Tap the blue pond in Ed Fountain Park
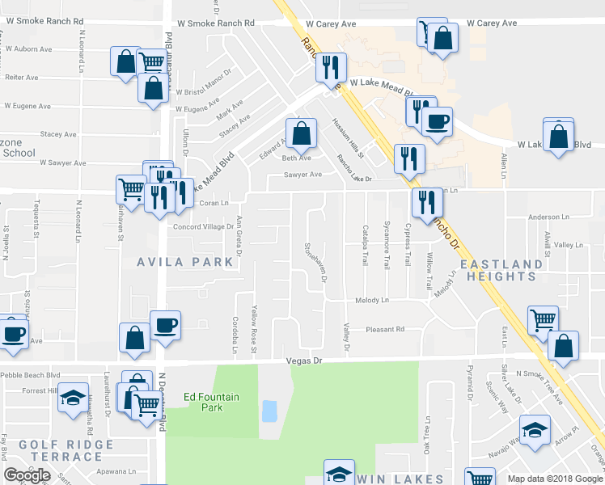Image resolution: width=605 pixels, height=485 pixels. [269, 411]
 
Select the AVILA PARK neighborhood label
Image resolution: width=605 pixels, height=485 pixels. [184, 262]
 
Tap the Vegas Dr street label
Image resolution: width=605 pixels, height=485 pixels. [305, 362]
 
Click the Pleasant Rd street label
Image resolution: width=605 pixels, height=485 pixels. [384, 330]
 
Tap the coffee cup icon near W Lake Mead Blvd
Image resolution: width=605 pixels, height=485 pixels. [437, 122]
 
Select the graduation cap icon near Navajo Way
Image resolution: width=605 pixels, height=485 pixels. [534, 430]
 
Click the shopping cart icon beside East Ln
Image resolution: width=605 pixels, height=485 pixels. [543, 319]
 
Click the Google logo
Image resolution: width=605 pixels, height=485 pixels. [27, 475]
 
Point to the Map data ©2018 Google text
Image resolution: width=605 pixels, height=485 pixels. [554, 479]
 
